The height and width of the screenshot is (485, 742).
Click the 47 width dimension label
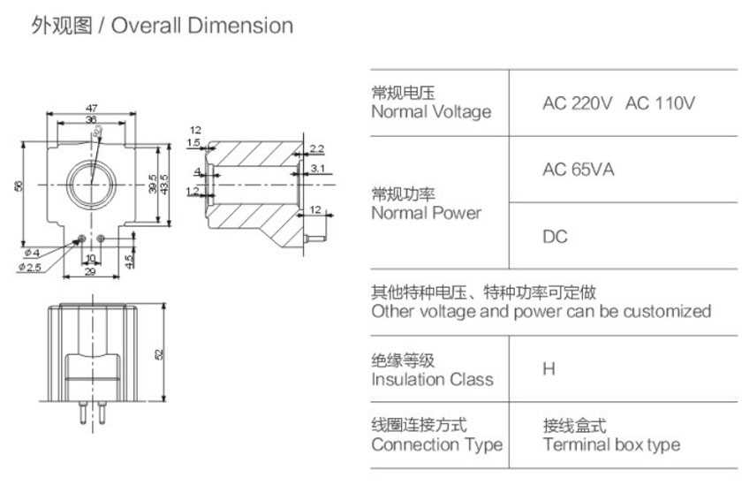[92, 108]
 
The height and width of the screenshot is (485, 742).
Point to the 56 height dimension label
[19, 185]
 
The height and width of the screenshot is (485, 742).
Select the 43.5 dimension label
[163, 185]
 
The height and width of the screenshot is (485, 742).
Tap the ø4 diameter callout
[30, 254]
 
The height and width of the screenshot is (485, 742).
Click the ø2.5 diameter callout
[29, 267]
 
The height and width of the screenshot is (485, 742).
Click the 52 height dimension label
[159, 353]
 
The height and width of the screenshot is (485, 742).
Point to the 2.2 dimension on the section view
[316, 148]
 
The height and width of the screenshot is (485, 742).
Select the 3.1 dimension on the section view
[318, 167]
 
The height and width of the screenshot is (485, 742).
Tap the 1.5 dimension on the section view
[193, 142]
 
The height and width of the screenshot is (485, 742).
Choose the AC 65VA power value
[578, 170]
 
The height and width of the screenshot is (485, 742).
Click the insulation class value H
[549, 369]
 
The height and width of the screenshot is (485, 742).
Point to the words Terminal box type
[611, 444]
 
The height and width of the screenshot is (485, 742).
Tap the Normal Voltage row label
[430, 112]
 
